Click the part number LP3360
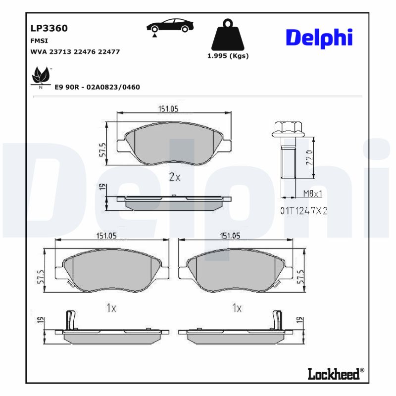[x=49, y=28]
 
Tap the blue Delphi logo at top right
[x=319, y=37]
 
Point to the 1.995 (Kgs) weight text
[x=228, y=56]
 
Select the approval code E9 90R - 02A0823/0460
[x=97, y=87]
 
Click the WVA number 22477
[x=109, y=51]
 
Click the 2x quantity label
[x=174, y=177]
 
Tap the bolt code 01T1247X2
[x=304, y=211]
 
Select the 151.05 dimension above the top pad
[x=168, y=109]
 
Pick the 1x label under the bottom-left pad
[x=111, y=308]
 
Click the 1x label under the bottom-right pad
[x=237, y=308]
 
